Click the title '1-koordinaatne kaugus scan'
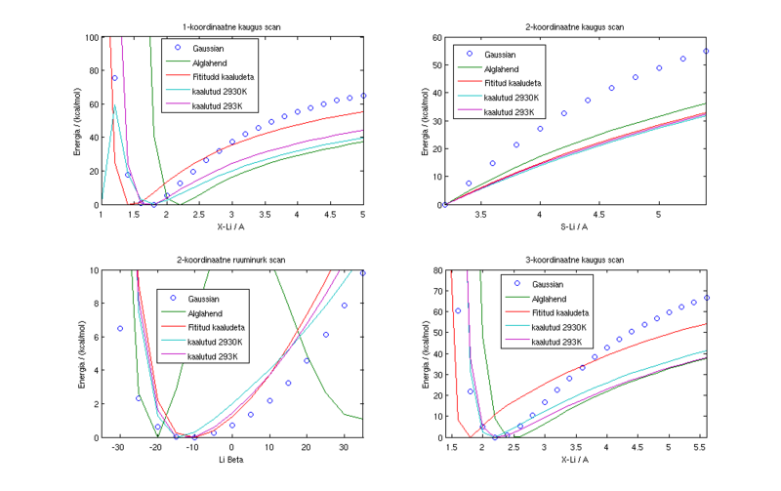pos(232,25)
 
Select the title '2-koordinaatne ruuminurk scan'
pos(232,259)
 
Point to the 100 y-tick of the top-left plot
pos(89,37)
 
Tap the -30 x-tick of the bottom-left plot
pos(118,447)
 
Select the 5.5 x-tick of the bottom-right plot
pos(700,447)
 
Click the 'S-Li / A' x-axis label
pos(575,226)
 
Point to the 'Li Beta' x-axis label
pos(232,459)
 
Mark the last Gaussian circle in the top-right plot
pos(706,51)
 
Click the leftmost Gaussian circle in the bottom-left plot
pos(120,328)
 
